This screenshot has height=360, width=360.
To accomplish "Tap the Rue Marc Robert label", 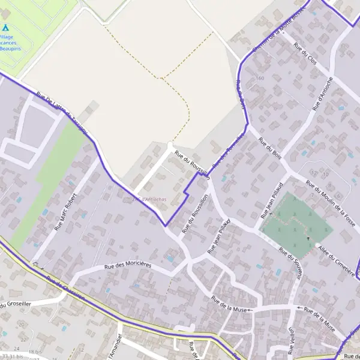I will click(66, 212).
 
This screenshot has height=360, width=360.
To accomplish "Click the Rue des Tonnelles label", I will click(231, 148).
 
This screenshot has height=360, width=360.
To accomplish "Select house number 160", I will click(259, 79).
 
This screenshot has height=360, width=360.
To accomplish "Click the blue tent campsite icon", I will click(5, 27).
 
